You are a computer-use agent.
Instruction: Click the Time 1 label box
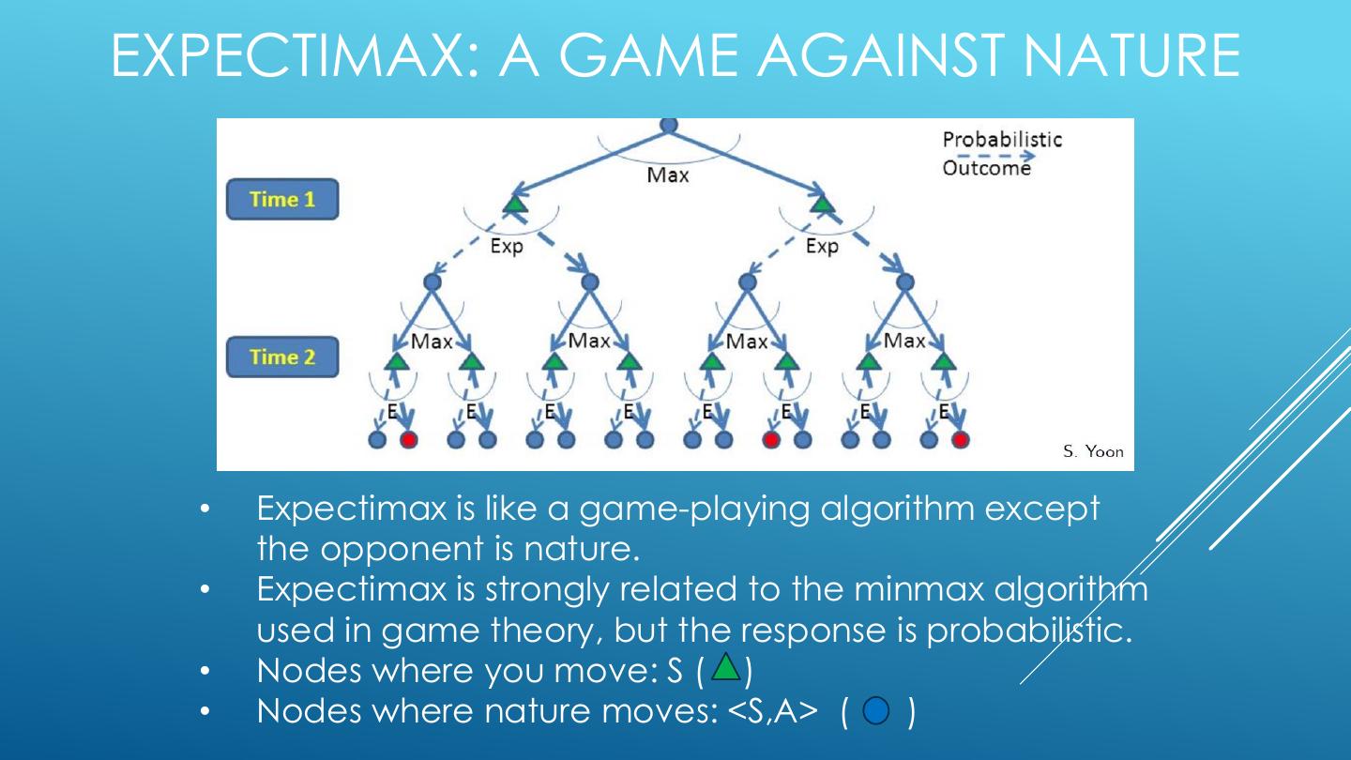281,199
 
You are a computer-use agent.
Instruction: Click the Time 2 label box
281,357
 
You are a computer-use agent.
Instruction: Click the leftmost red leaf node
408,438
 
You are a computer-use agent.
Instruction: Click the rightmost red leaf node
960,438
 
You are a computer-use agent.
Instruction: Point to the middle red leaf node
771,438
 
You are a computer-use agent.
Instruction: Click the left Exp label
507,247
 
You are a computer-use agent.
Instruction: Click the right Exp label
822,247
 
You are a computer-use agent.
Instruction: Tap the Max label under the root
668,175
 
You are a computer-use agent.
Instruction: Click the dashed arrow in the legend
987,156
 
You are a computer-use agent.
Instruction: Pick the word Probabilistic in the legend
1002,140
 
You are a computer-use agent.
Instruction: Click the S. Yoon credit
1093,451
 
